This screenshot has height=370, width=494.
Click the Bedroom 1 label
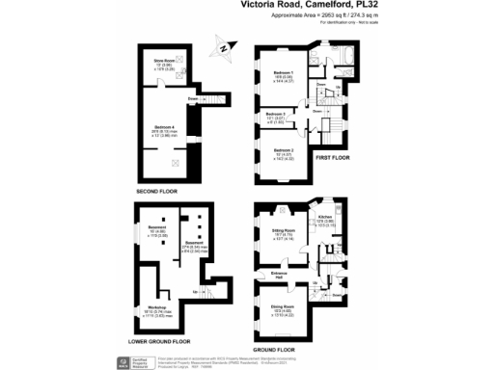click(283, 73)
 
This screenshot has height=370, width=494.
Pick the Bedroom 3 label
click(276, 115)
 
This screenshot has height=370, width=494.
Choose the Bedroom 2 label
click(283, 151)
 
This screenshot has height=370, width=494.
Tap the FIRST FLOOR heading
click(333, 157)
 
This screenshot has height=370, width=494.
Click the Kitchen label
click(325, 219)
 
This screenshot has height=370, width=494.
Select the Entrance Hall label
click(279, 275)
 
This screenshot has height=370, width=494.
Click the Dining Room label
click(283, 309)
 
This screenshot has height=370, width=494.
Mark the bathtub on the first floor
click(344, 58)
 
